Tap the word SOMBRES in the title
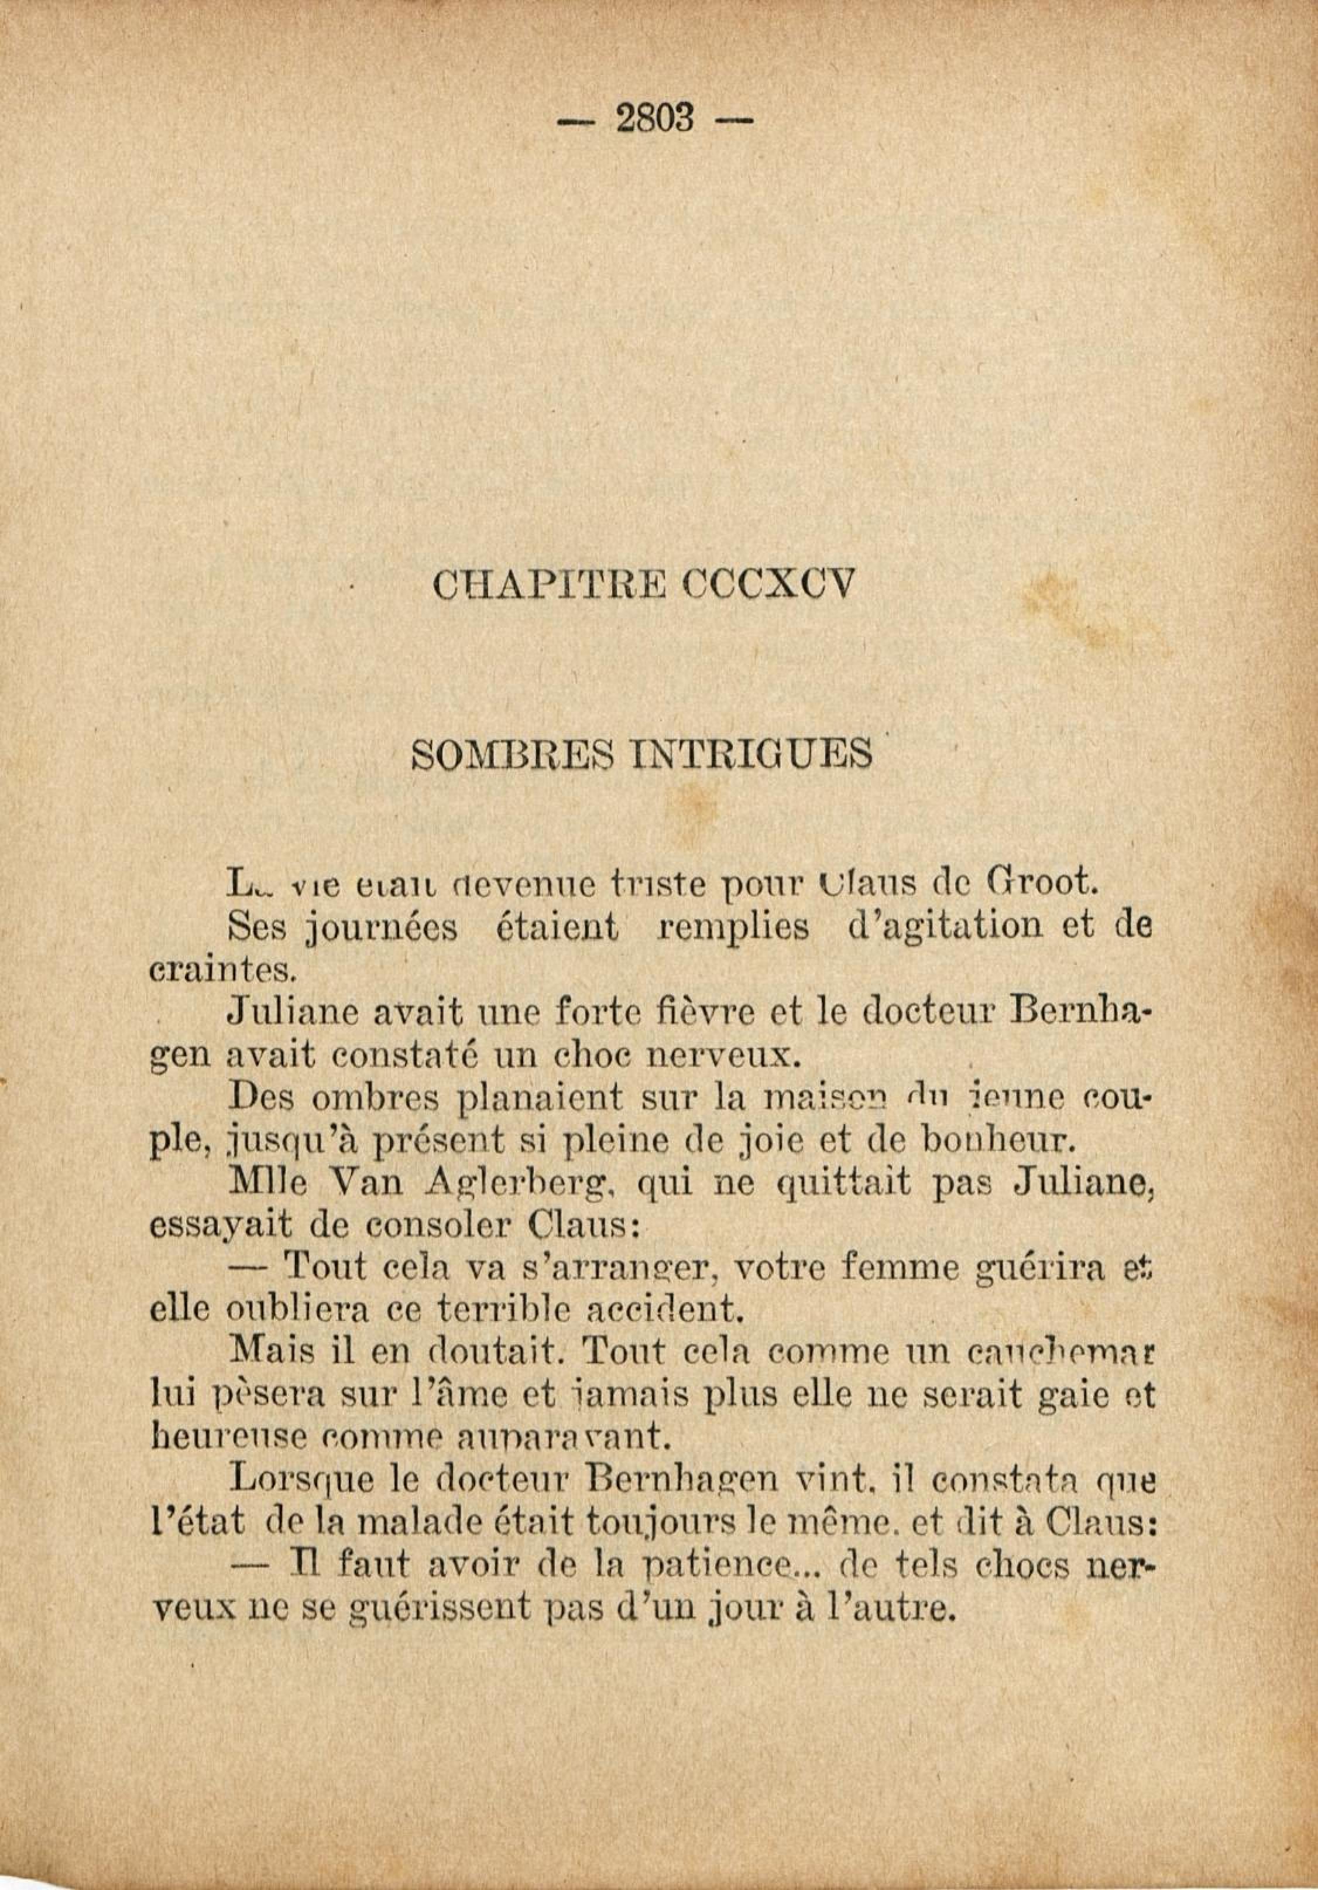point(515,753)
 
